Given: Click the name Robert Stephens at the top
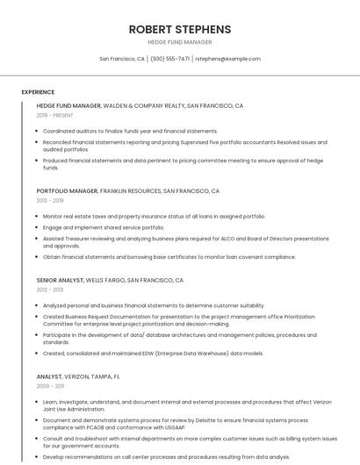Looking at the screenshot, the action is [180, 28].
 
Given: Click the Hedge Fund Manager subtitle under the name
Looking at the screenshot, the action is [180, 41].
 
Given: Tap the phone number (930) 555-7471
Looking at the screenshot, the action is [169, 59].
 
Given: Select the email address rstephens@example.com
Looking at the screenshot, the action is [227, 59].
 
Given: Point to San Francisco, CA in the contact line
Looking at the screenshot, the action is [122, 59].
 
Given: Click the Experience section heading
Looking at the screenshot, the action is [38, 92].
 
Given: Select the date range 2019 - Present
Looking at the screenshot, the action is [54, 115].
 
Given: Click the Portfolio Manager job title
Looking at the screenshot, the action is [67, 190].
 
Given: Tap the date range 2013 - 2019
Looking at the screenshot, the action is [50, 200].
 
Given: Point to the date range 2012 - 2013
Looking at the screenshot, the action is [50, 290].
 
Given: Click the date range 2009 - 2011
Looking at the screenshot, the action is [50, 385].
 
